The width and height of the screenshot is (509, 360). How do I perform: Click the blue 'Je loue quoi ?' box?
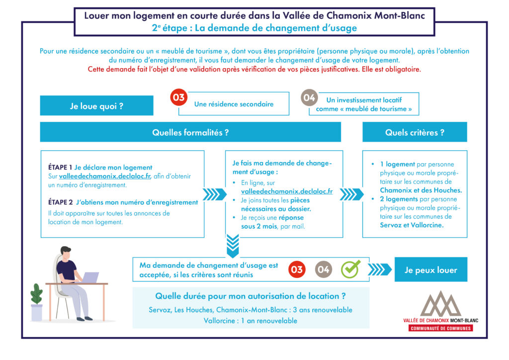pos(97,105)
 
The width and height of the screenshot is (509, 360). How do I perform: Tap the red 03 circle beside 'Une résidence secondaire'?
pos(179,97)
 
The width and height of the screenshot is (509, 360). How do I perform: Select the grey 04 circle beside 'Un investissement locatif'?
pos(309,98)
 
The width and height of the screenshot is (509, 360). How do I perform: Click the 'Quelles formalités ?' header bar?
pos(190,132)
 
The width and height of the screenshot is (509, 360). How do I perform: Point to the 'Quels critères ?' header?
pos(415,132)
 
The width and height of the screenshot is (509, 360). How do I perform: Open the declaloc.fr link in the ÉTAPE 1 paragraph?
pos(105,176)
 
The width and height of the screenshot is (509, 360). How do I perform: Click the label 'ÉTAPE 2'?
pos(60,202)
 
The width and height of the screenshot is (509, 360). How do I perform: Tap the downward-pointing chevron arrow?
pos(233,246)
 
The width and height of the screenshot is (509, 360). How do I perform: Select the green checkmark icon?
pos(350,269)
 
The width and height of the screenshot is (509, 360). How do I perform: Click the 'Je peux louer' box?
pos(431,270)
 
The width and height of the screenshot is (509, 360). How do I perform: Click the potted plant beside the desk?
pos(37,302)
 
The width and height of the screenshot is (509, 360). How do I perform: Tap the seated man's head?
pos(66,253)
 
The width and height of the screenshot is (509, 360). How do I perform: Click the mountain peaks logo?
pos(440,304)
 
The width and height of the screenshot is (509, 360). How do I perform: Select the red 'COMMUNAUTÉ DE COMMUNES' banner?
pos(440,328)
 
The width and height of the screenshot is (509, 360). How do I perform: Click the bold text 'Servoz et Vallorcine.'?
pos(412,225)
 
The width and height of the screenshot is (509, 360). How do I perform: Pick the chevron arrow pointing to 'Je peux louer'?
pos(379,270)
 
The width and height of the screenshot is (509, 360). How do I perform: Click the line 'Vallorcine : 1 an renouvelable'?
pos(251,321)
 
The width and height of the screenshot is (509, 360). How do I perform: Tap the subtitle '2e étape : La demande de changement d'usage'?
pos(254,28)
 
